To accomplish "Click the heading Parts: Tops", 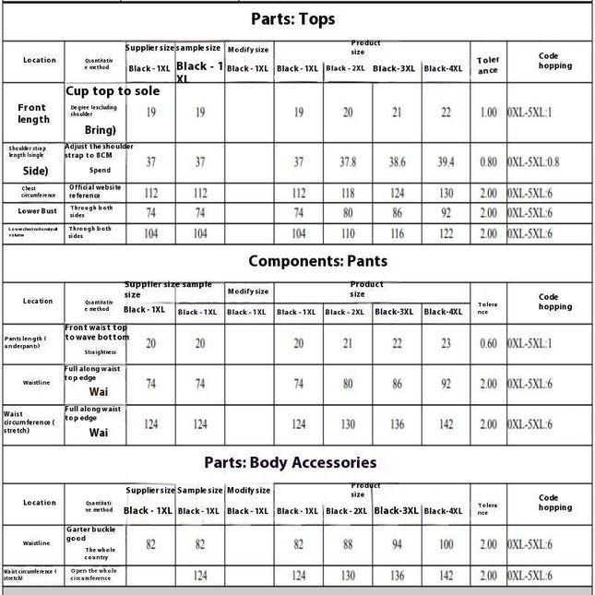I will (x=293, y=18).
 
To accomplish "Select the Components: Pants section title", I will (x=317, y=261).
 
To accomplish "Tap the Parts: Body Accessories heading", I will (x=291, y=462).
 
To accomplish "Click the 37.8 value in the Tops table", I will (x=347, y=161).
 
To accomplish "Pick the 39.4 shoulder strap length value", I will (x=446, y=161).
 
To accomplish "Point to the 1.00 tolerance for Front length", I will (x=488, y=113).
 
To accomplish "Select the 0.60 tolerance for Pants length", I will (x=488, y=343).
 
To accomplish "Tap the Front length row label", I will (x=33, y=113).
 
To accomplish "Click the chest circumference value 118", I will (x=347, y=194).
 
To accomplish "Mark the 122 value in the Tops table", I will (x=446, y=234).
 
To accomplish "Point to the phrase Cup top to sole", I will (x=113, y=91).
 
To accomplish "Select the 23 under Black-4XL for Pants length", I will (x=446, y=343).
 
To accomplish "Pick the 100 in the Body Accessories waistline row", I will (x=446, y=545).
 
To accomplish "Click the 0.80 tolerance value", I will (x=488, y=161).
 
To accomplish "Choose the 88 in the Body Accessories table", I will (x=347, y=545).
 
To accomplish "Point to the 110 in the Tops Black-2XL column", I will (x=347, y=234).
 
